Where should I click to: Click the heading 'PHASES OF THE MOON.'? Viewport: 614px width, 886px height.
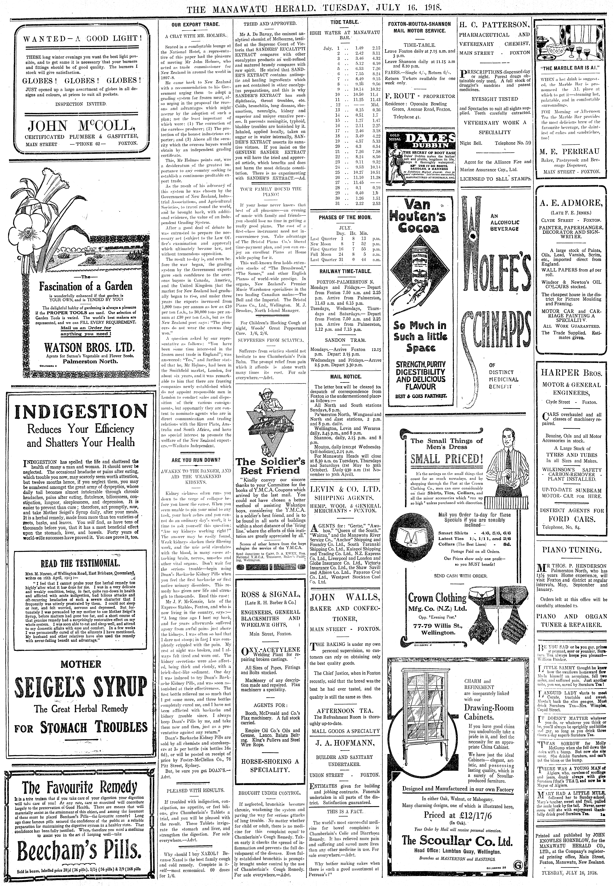pos(345,218)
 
